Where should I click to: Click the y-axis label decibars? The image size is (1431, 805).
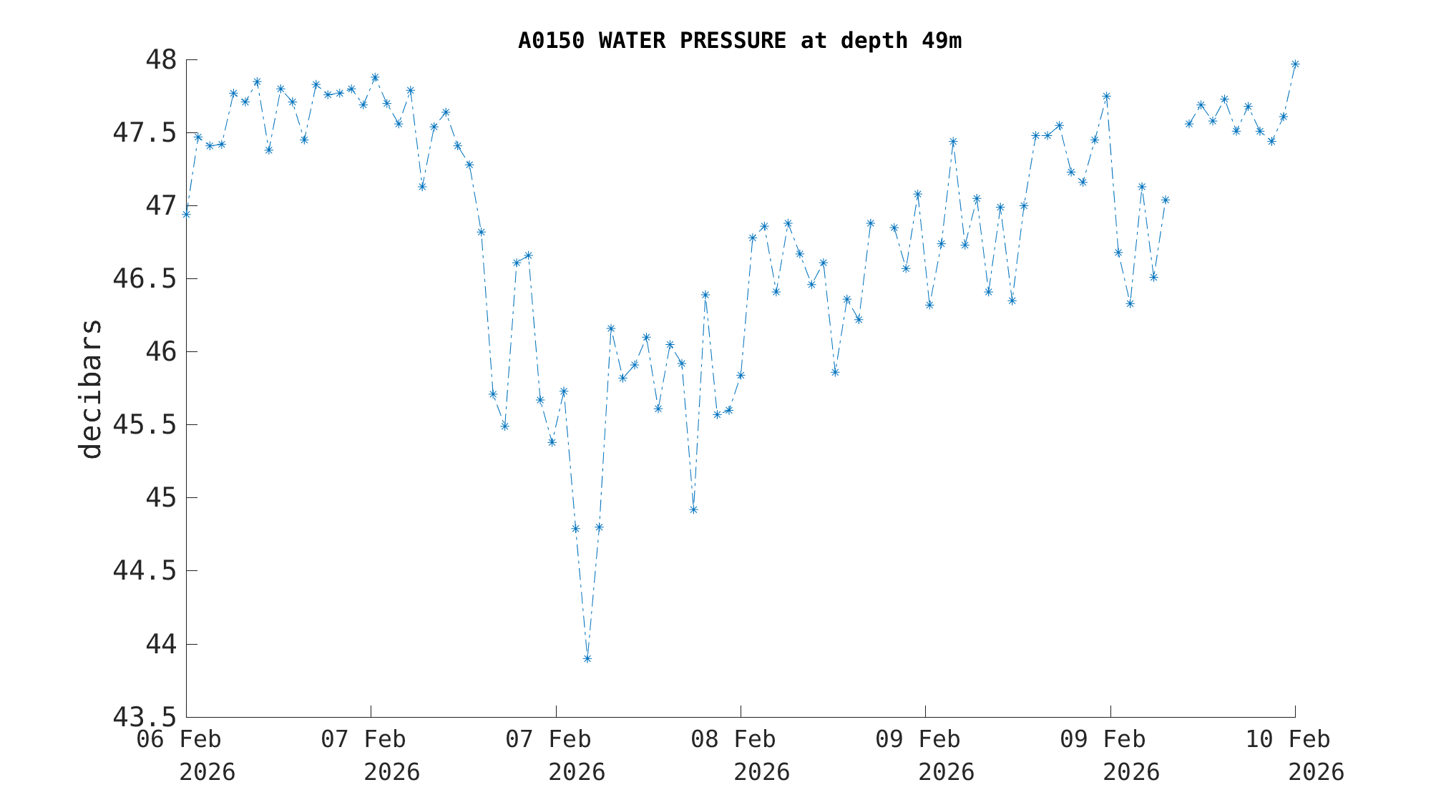point(91,389)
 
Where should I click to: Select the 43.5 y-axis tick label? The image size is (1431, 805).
point(145,716)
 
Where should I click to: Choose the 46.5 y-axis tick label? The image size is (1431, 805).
point(145,278)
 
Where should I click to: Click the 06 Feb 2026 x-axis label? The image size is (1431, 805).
point(187,755)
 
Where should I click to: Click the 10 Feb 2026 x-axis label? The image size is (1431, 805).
point(1294,755)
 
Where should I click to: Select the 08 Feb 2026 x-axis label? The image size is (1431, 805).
point(741,755)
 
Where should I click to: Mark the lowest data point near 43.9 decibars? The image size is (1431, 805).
point(587,658)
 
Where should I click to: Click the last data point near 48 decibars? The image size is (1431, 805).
point(1295,64)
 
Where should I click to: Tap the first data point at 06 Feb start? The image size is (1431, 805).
point(186,214)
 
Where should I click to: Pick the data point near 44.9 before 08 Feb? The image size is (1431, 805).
point(693,509)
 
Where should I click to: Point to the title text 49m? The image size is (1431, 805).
point(942,41)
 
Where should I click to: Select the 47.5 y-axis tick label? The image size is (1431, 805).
point(145,132)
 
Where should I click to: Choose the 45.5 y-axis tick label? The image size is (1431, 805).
point(145,424)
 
